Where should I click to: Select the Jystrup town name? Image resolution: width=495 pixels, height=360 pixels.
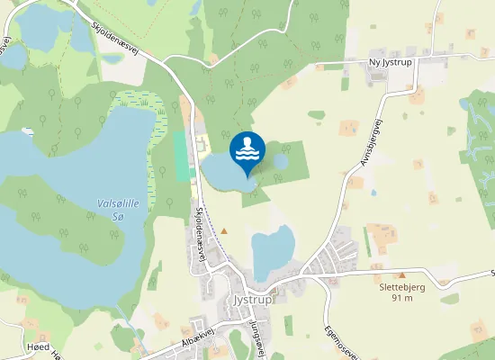(x=251, y=300)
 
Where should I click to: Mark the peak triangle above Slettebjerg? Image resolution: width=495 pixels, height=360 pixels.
(x=401, y=275)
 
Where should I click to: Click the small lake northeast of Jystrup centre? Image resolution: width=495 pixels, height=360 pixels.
(x=274, y=252)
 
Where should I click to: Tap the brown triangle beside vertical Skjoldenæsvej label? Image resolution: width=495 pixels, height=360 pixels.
(x=224, y=231)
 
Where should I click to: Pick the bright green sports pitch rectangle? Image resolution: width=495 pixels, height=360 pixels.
(x=184, y=157)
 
